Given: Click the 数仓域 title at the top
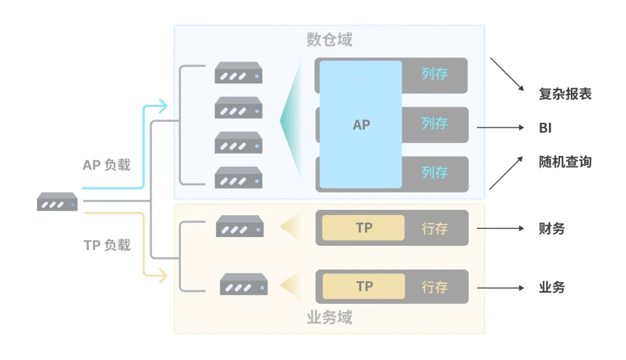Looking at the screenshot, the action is [x=329, y=39].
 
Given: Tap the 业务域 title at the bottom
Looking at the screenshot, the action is [x=329, y=318].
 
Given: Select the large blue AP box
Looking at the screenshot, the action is [x=361, y=124].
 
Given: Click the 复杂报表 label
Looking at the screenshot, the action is [x=565, y=94].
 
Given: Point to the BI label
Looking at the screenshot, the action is [x=545, y=128].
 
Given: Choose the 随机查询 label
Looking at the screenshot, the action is [x=565, y=162].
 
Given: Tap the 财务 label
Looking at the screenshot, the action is [x=552, y=228].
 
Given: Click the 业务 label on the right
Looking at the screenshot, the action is [x=552, y=288].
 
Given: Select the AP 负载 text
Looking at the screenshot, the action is [x=107, y=165].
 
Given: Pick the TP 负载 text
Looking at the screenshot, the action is [x=107, y=245].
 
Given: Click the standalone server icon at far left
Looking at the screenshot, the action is [x=57, y=202].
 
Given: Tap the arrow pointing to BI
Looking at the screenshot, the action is [x=500, y=128].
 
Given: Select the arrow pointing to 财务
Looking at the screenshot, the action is [x=500, y=228].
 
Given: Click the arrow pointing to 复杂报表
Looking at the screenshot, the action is [x=507, y=74].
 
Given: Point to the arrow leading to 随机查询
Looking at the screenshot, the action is [x=506, y=173].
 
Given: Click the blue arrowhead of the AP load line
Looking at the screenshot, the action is [x=163, y=106].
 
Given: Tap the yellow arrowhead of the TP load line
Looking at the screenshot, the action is [x=163, y=275].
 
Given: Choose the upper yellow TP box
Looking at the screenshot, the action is [x=363, y=228].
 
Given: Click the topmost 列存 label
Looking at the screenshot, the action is [x=435, y=74].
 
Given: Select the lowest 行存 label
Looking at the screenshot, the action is [x=435, y=287].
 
